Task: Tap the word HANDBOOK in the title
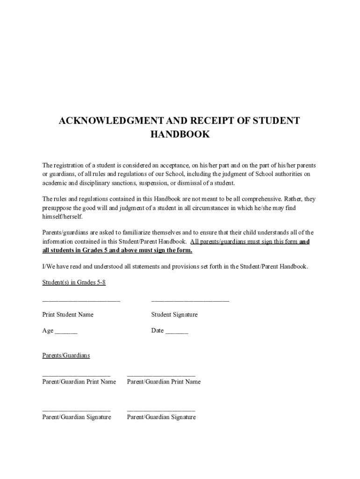click(180, 135)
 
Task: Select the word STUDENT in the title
click(276, 121)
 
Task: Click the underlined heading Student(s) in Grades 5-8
click(71, 283)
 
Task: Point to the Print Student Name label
click(68, 314)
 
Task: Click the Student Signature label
click(174, 314)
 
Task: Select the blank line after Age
click(66, 332)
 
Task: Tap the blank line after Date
click(177, 332)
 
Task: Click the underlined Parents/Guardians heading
click(66, 356)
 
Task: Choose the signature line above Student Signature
click(190, 300)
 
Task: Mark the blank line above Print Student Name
click(81, 300)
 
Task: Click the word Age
click(48, 331)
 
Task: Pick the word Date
click(158, 331)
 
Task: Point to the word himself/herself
click(62, 217)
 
